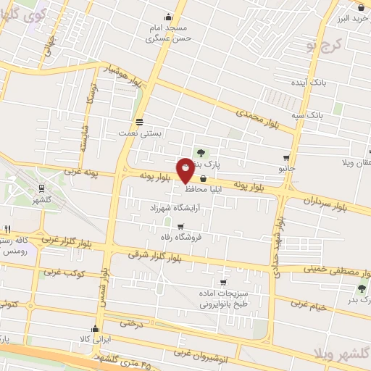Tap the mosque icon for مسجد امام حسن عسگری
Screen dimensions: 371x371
point(169,17)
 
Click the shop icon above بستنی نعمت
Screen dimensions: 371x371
point(139,121)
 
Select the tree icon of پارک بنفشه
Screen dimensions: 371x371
point(201,152)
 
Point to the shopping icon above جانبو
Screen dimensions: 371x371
point(287,157)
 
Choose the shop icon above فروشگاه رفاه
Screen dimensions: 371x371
point(180,227)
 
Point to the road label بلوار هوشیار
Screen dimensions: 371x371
point(121,73)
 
